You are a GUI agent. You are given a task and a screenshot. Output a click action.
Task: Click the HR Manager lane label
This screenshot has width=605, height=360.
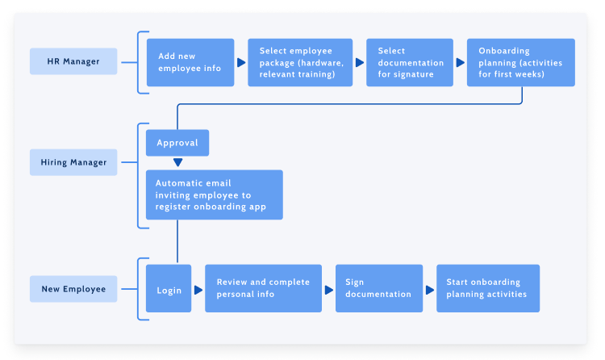(x=73, y=61)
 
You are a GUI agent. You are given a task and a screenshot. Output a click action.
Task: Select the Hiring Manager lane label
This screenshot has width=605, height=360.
(x=73, y=162)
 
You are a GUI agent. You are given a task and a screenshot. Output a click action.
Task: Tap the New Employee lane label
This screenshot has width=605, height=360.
(x=73, y=289)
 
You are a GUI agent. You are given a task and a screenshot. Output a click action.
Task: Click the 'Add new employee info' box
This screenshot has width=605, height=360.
(x=190, y=62)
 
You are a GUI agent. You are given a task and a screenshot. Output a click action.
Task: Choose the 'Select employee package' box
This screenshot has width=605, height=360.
(x=300, y=62)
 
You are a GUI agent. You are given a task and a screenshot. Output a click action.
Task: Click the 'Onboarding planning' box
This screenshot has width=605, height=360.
(x=521, y=62)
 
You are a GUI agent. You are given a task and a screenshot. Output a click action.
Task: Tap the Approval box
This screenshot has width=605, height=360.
(x=177, y=143)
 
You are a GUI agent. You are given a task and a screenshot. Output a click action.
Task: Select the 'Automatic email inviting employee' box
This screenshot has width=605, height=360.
(x=215, y=195)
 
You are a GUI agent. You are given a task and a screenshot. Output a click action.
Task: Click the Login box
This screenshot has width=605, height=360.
(x=169, y=289)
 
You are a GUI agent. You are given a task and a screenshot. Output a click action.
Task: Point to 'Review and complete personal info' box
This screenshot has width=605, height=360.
(x=263, y=289)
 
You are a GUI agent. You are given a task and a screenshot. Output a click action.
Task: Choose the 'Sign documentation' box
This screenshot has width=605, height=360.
(x=379, y=289)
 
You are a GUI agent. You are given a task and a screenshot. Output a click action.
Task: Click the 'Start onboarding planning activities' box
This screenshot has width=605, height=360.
(x=488, y=289)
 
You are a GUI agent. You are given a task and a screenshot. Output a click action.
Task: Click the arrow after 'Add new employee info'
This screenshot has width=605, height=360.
(x=241, y=62)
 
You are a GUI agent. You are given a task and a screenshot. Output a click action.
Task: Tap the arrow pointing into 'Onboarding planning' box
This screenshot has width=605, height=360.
(x=460, y=62)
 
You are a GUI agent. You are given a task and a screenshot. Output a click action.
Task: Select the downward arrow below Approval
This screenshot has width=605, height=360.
(x=177, y=162)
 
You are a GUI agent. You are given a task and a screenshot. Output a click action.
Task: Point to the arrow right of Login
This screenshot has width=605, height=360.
(x=198, y=289)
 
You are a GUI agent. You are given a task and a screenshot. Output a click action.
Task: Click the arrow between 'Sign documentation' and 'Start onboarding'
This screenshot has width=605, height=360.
(x=430, y=289)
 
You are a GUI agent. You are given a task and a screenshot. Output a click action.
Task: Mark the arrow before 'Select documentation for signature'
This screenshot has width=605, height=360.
(x=359, y=62)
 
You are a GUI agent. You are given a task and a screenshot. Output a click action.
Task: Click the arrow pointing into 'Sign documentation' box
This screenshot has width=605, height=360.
(x=329, y=289)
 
